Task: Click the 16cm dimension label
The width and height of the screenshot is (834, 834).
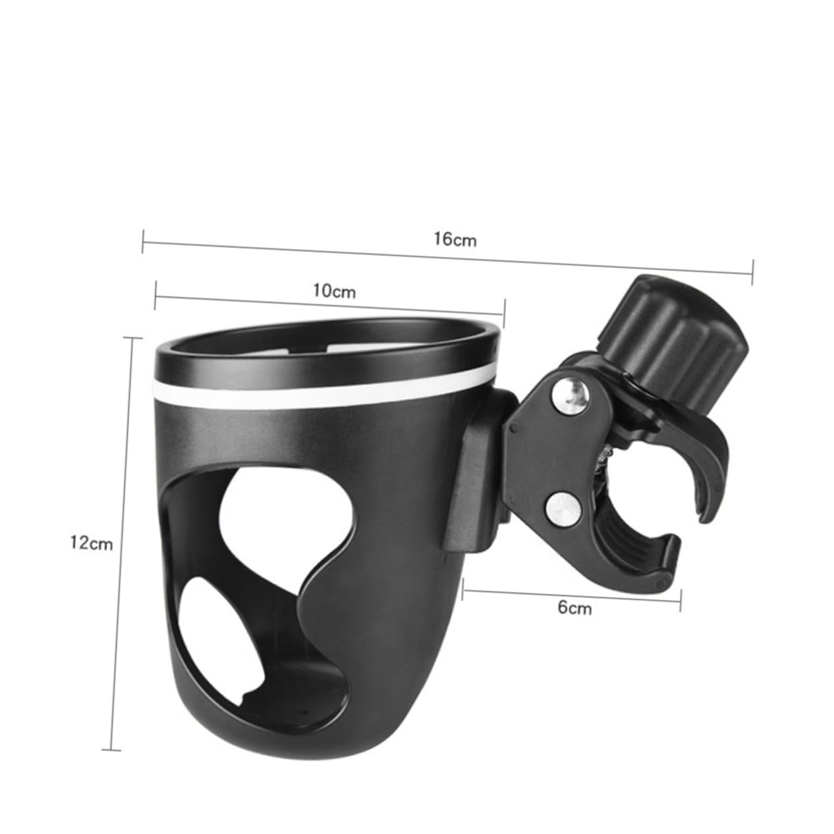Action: point(455,240)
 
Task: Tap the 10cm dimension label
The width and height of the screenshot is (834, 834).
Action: point(334,291)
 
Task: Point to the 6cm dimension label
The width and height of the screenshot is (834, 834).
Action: point(574,607)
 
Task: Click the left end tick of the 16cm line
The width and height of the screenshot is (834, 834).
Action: point(143,241)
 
